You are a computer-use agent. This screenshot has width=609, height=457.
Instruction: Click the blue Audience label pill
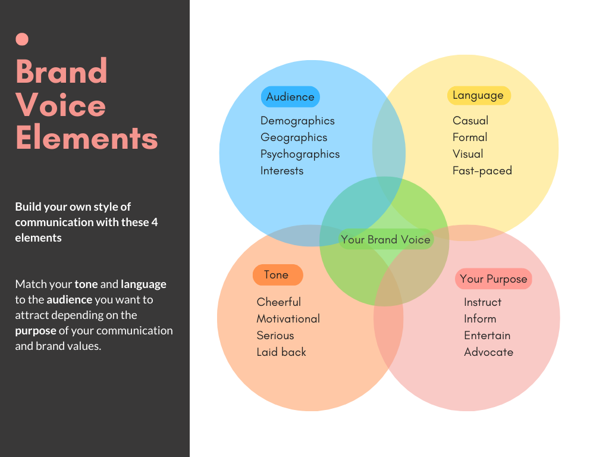290,97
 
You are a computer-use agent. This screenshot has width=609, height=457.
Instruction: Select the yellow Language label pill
478,95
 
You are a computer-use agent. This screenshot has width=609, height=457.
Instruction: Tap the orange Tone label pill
277,275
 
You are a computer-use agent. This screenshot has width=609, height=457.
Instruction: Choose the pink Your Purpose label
494,279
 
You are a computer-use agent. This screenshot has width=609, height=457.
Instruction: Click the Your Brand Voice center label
385,240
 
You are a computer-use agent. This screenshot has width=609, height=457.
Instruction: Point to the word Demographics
297,121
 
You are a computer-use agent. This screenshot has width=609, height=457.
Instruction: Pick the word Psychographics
300,154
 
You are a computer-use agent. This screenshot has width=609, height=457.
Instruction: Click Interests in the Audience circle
282,171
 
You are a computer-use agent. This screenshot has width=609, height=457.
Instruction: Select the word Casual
470,121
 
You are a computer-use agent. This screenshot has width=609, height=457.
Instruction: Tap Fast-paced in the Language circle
482,171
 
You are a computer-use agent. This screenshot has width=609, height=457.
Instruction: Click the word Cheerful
279,302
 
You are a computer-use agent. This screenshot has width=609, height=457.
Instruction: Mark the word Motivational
288,319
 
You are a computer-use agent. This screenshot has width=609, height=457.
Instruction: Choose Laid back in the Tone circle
281,352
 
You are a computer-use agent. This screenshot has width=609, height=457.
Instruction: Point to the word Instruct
483,302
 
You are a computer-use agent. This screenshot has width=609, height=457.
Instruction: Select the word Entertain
487,336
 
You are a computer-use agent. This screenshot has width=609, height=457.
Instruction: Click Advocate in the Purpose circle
488,352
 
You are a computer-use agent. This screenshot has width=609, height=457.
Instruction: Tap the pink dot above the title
22,39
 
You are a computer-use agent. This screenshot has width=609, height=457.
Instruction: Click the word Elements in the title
87,137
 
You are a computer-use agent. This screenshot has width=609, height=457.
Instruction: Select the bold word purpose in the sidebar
36,331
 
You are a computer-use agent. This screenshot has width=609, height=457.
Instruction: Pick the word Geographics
294,137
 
